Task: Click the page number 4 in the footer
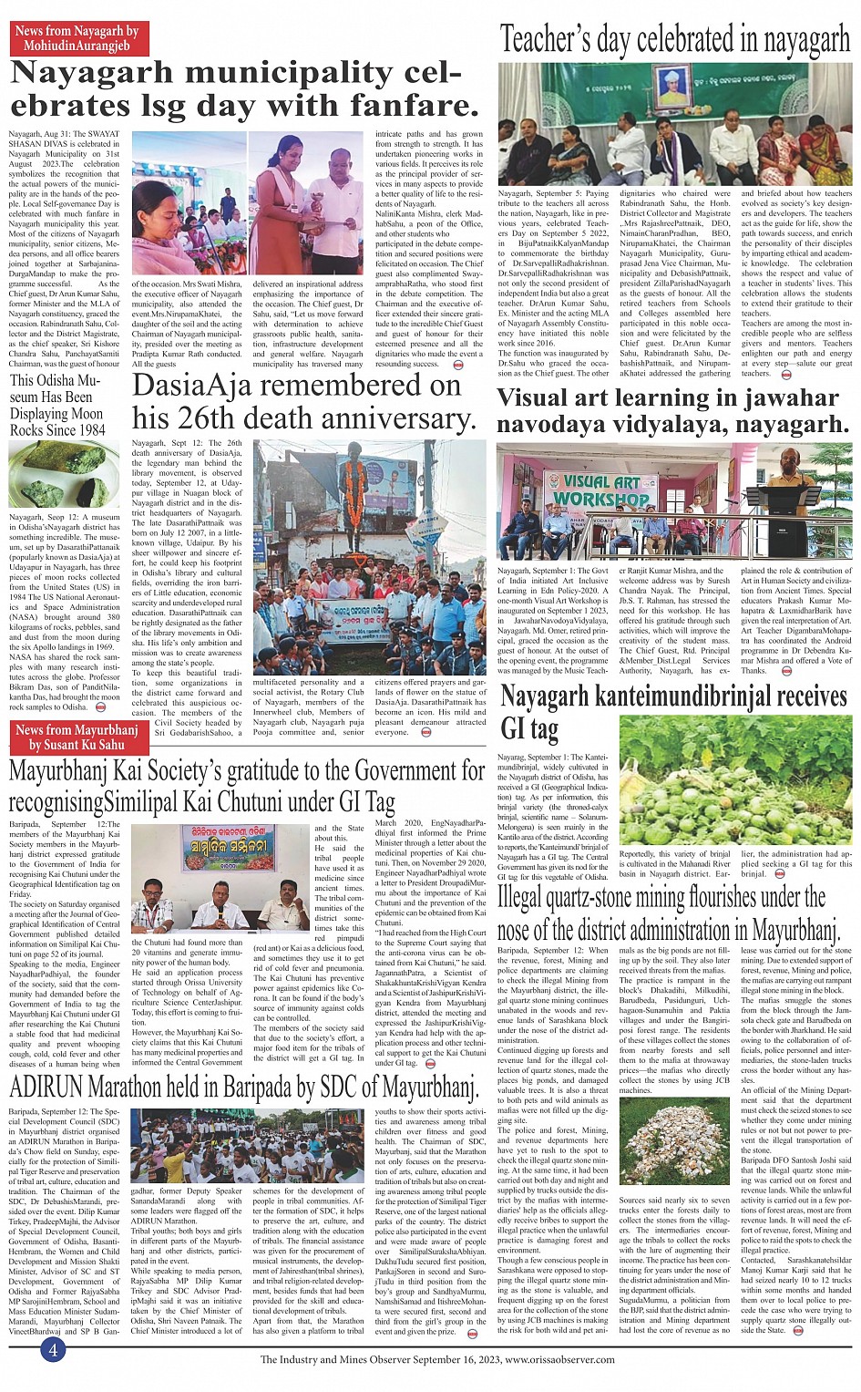point(53,1349)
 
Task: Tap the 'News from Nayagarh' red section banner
point(77,37)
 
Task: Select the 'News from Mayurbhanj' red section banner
point(77,737)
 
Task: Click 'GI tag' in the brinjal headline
point(529,728)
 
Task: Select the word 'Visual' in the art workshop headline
point(543,398)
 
